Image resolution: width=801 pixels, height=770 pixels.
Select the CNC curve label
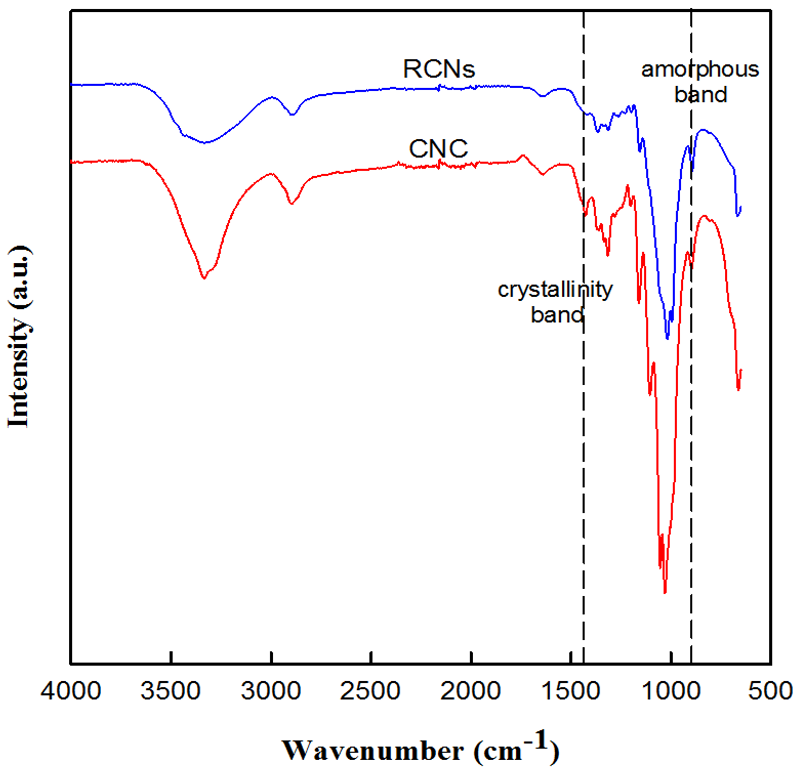[x=438, y=149]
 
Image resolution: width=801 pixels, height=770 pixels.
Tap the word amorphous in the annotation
[x=700, y=70]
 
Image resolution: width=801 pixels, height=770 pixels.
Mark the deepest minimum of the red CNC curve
[x=665, y=592]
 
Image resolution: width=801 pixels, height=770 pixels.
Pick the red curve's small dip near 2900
[x=291, y=203]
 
